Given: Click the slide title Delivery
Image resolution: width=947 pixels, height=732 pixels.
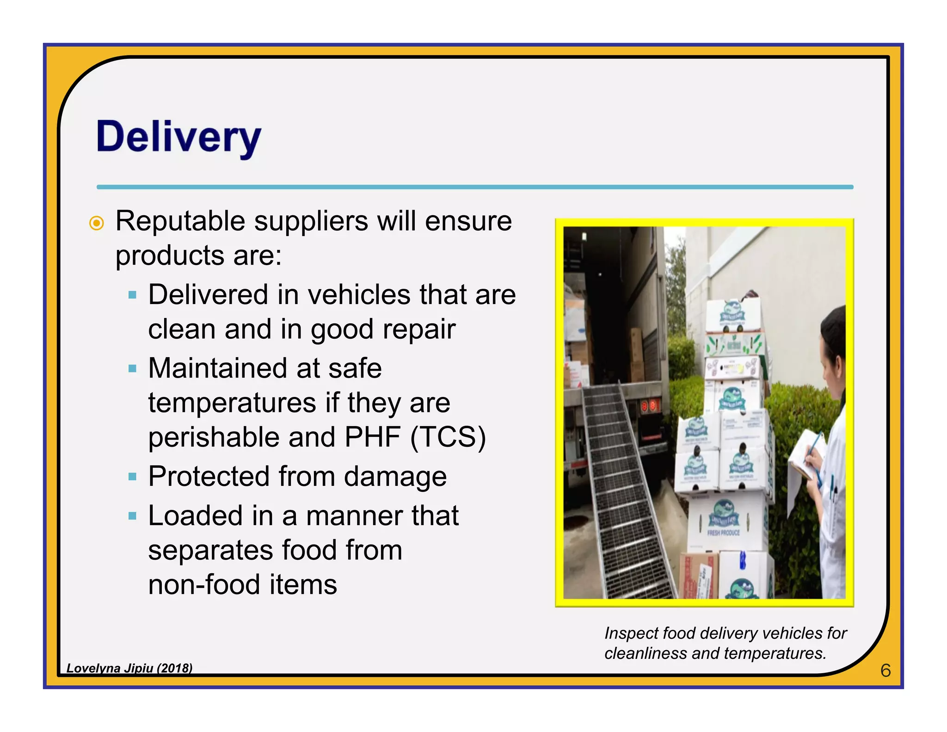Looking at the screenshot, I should [178, 137].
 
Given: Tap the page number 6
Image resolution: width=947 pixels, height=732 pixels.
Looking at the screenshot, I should [885, 670].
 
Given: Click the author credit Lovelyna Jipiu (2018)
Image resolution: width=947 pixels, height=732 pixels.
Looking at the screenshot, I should [129, 668].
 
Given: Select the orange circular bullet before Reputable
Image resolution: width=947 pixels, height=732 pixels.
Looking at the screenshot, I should [96, 223].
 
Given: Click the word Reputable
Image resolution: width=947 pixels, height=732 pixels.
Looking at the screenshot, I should [180, 221].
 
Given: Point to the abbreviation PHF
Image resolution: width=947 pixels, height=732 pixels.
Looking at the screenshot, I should [372, 437].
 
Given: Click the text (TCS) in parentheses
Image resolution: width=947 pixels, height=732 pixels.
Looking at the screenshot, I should [448, 437].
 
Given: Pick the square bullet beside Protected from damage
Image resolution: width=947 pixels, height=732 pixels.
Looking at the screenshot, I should [133, 477].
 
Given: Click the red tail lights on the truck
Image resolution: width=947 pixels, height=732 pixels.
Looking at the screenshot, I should [648, 406].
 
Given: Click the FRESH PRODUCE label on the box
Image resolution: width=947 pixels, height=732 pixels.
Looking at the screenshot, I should [723, 533].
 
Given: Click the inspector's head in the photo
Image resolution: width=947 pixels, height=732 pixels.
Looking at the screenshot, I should [832, 342].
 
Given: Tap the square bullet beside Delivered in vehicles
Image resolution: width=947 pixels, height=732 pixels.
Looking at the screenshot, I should [133, 295].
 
